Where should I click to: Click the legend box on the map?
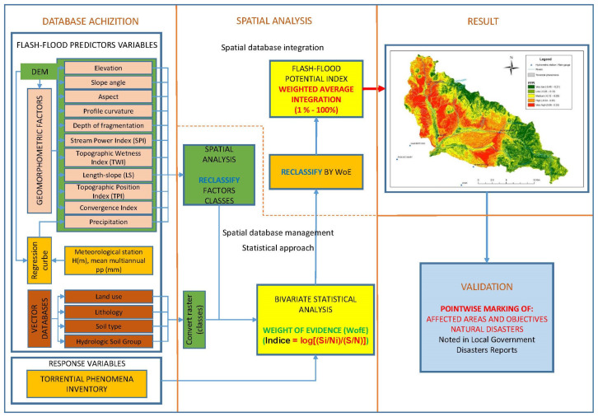pyautogui.click(x=535, y=86)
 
